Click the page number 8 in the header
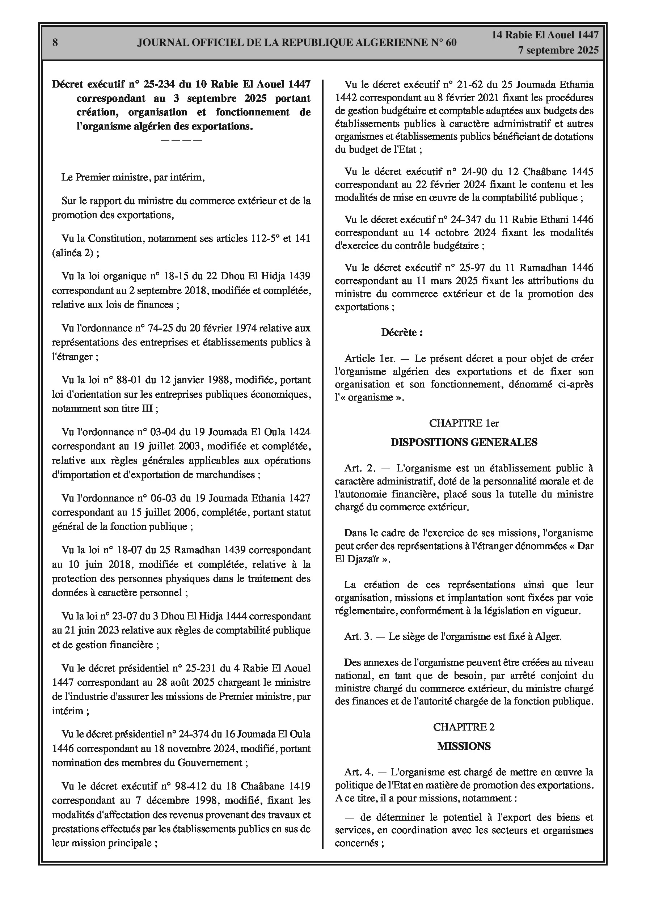tap(55, 43)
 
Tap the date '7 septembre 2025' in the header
tap(558, 50)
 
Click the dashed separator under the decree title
tap(181, 140)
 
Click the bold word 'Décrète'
tap(399, 333)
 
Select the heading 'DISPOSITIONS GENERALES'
tap(464, 442)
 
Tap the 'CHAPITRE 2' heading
tap(464, 727)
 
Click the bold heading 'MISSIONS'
tap(464, 746)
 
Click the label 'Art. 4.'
tap(359, 772)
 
